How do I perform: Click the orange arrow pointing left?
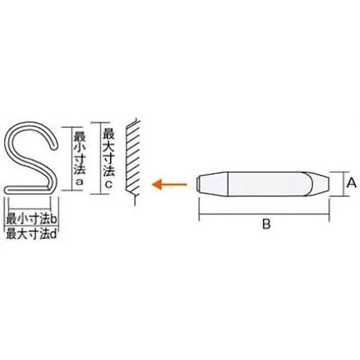click(x=169, y=184)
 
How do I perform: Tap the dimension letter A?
click(x=352, y=183)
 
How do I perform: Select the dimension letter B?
click(x=266, y=224)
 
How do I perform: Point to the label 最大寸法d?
click(x=31, y=234)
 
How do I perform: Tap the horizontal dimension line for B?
click(x=264, y=213)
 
